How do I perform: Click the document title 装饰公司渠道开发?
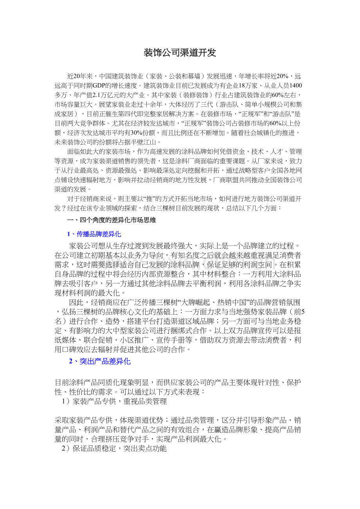point(180,53)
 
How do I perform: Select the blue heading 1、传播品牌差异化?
point(94,234)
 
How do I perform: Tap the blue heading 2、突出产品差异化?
point(100,361)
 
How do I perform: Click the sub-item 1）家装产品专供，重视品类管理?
point(114,401)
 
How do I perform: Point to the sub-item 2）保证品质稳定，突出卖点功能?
point(114,449)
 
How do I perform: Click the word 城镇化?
point(258,133)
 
